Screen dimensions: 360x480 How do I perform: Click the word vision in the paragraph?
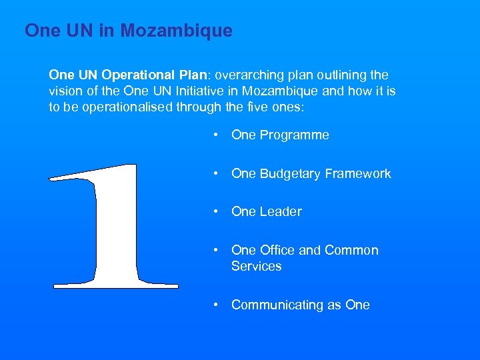click(65, 91)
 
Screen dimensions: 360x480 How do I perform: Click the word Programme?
click(294, 135)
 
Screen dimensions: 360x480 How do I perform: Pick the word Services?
click(257, 266)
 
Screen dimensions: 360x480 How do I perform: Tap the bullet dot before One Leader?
click(216, 212)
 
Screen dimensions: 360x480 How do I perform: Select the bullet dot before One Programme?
click(216, 135)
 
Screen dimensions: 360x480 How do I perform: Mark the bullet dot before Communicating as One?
click(216, 305)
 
